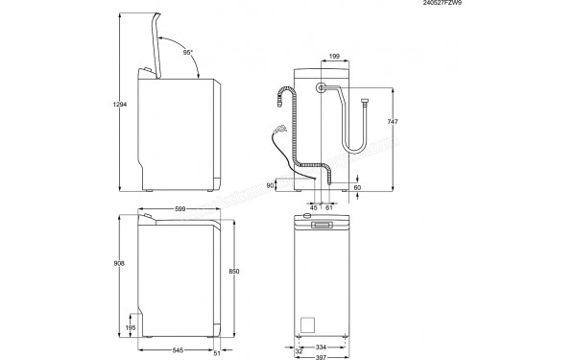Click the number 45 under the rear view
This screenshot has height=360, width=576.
click(313, 206)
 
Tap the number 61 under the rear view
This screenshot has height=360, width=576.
click(329, 206)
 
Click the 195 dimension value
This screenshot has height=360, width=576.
click(131, 328)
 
